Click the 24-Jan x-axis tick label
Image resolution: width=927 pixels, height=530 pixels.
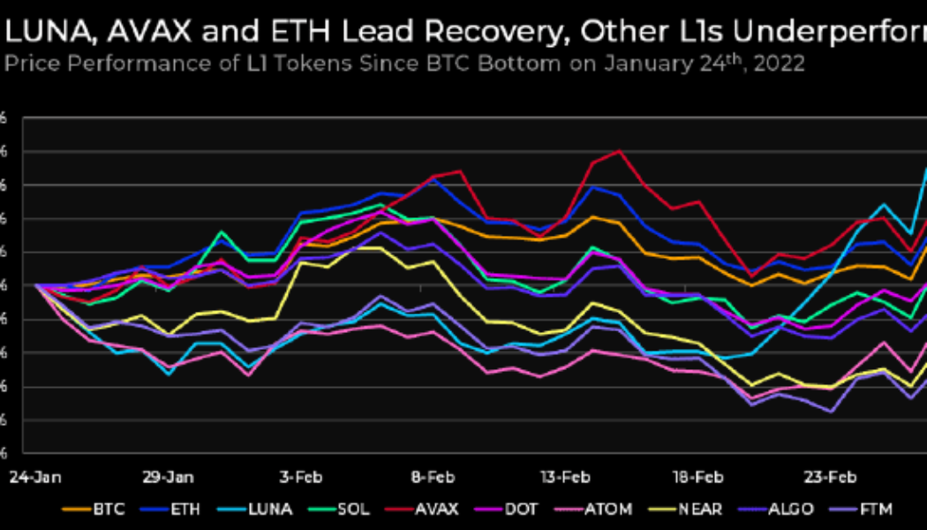point(30,477)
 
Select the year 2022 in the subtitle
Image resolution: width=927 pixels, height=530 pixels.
point(784,64)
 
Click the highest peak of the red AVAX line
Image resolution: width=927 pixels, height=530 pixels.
point(618,151)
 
